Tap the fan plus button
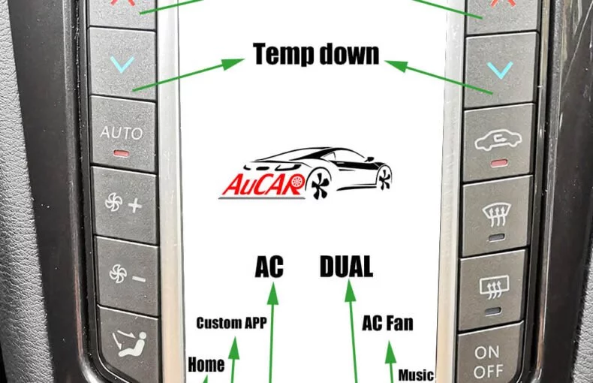pos(125,204)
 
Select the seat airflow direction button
pos(128,345)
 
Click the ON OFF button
pos(489,360)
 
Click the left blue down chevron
pos(122,64)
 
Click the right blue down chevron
pos(500,70)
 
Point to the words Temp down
pos(316,54)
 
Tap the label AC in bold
pos(269,267)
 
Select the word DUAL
pos(347,267)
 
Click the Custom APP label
pos(231,323)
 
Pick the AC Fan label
pos(387,323)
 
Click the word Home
pos(206,364)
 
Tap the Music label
pos(416,375)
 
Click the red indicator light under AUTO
pos(121,154)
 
